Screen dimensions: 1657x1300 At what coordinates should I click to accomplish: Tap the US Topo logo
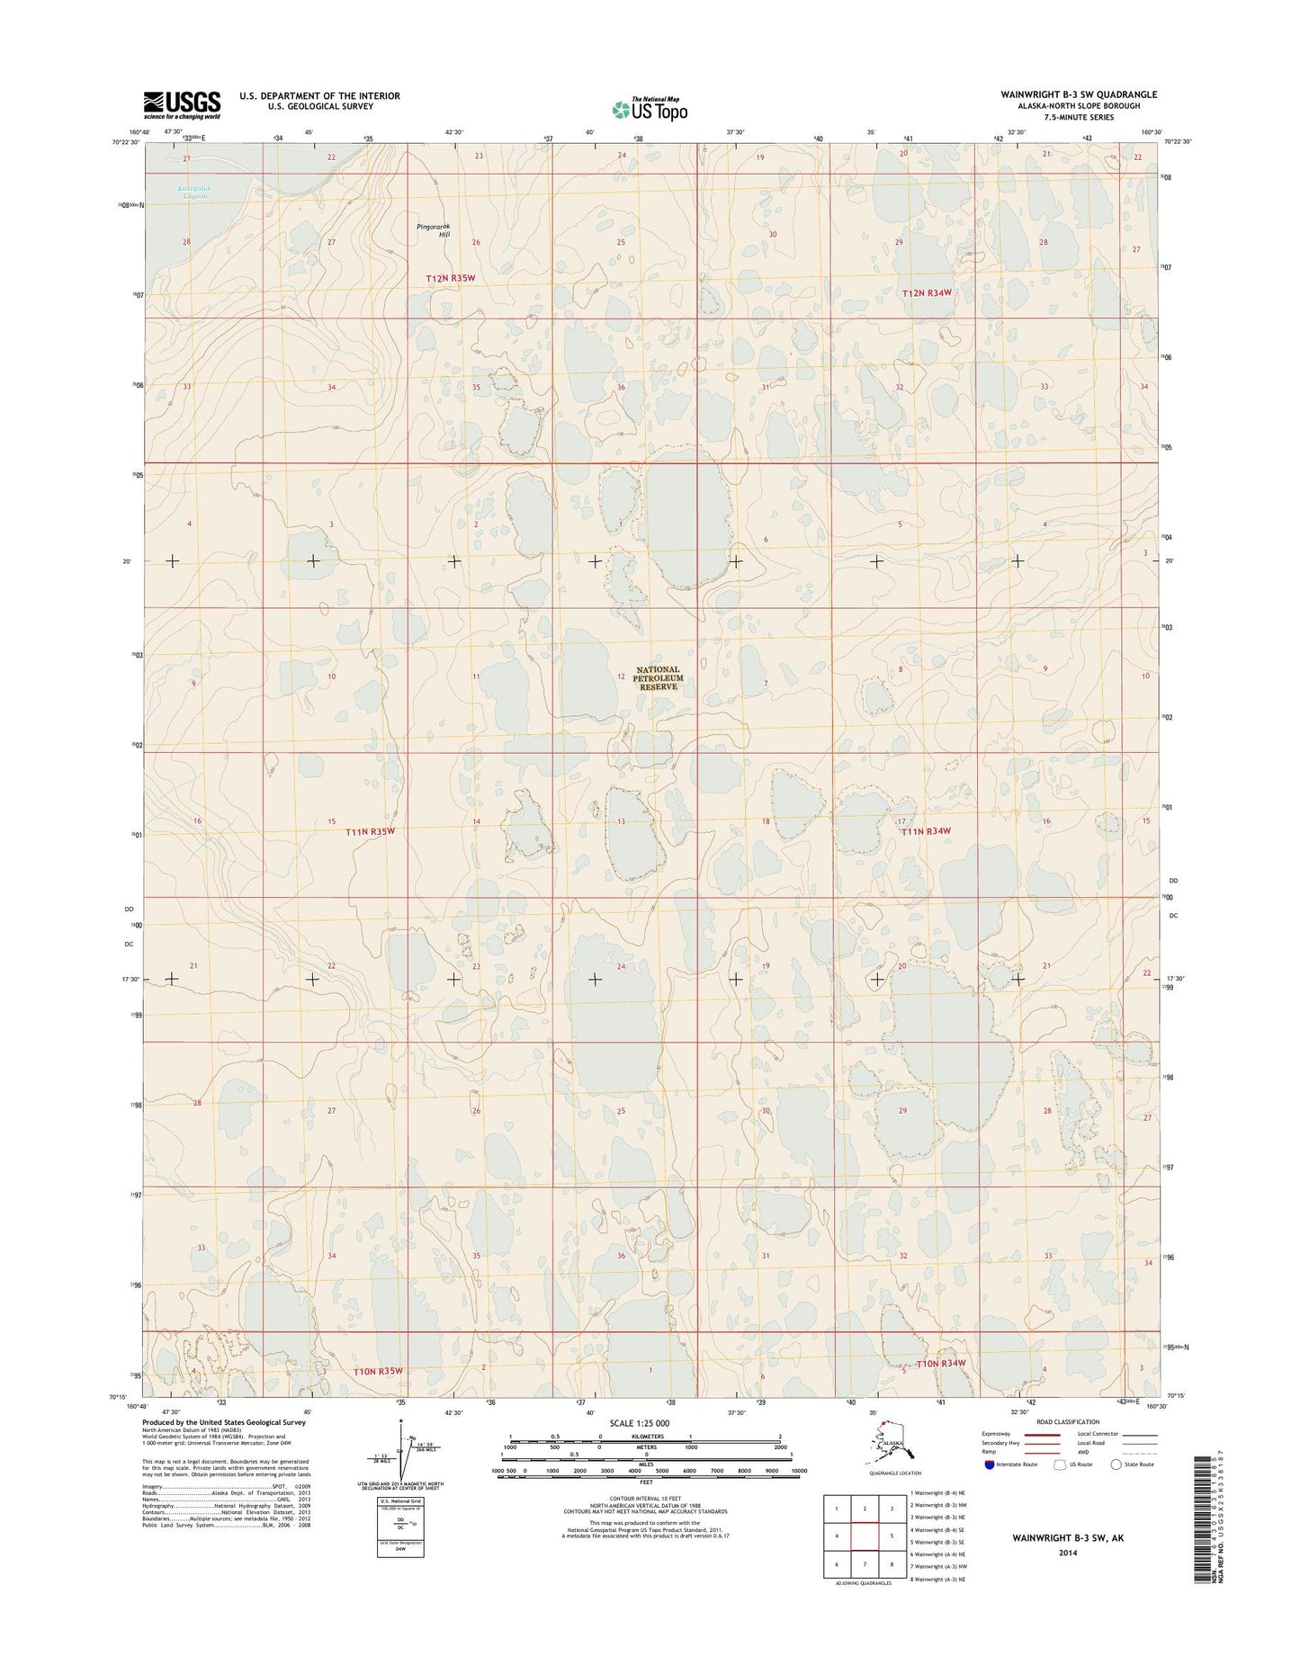650,109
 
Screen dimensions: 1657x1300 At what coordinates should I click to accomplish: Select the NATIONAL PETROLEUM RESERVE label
658,678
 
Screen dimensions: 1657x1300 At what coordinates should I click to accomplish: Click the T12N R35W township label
450,279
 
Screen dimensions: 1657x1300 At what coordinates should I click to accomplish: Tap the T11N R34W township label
926,831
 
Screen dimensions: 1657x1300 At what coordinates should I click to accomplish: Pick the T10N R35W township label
375,1370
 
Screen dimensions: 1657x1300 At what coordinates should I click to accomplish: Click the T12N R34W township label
926,293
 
